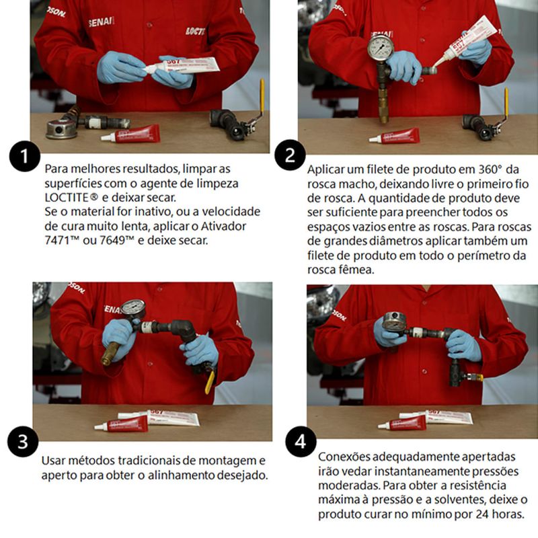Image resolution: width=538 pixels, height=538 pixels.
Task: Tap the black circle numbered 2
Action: point(290,155)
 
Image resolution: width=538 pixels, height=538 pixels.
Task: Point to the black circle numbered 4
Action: point(301,442)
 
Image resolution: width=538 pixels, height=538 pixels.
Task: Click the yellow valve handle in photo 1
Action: point(262,98)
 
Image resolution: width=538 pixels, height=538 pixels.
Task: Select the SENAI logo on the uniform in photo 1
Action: point(101,22)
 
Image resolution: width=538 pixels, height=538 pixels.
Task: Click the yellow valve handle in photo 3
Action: point(210,381)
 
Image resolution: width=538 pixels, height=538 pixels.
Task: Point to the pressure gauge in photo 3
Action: point(134,309)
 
